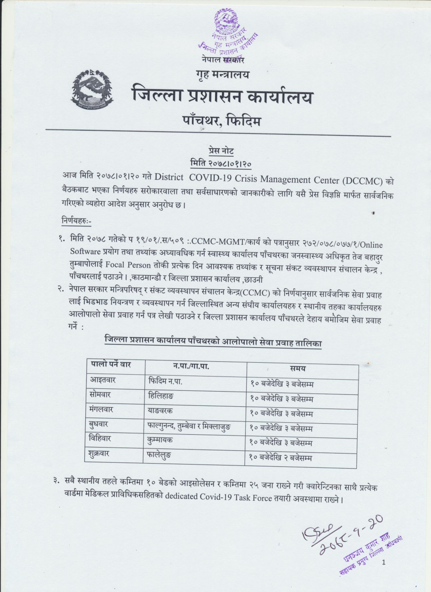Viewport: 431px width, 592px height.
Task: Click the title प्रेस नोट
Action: (x=221, y=152)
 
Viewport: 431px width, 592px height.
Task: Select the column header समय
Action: (x=298, y=368)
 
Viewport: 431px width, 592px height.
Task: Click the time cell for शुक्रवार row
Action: (x=281, y=457)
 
